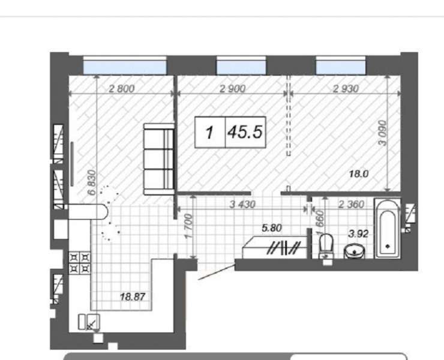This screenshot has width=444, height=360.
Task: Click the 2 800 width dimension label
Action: click(x=121, y=89)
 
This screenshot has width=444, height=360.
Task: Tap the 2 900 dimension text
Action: click(x=232, y=89)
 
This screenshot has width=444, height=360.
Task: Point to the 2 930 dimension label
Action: click(x=346, y=89)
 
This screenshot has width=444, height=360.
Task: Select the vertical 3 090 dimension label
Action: click(x=382, y=133)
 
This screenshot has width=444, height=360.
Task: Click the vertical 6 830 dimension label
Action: click(x=92, y=182)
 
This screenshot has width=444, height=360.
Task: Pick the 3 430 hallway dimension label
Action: click(x=242, y=204)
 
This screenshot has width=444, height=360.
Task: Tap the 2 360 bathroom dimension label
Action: click(x=351, y=204)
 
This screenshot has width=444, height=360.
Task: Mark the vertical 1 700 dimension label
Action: click(x=189, y=226)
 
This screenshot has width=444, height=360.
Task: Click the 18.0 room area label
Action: click(x=359, y=173)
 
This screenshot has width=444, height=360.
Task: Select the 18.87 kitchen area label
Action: click(x=133, y=297)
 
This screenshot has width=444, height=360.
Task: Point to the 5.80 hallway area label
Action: click(x=272, y=228)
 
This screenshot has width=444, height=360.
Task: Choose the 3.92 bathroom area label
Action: click(x=358, y=233)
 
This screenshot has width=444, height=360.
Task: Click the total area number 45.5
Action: click(x=245, y=132)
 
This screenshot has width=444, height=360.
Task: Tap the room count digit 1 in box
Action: click(x=209, y=133)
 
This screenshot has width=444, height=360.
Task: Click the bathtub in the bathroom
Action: click(x=388, y=229)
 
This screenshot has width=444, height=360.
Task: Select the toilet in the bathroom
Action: click(x=326, y=246)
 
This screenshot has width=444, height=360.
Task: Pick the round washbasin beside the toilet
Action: click(x=354, y=251)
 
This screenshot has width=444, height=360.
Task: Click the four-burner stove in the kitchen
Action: click(x=80, y=263)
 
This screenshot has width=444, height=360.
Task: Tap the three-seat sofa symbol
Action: click(x=158, y=159)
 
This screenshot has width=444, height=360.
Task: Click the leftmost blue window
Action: click(x=125, y=67)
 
